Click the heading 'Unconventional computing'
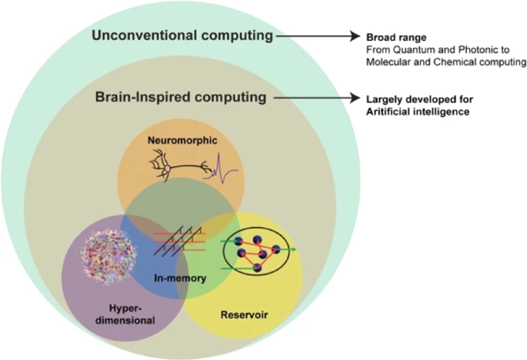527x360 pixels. (182, 36)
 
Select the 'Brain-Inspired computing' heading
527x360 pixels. (181, 98)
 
